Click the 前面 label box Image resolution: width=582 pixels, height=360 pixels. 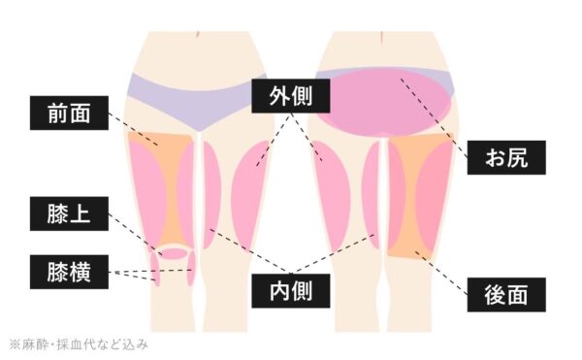click(x=67, y=115)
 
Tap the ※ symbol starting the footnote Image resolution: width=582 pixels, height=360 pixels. click(x=15, y=344)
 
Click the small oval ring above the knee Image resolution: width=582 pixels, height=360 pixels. click(x=174, y=252)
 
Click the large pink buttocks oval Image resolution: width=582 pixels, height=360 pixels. click(x=385, y=105)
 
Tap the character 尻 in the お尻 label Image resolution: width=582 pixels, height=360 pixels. click(x=519, y=157)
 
